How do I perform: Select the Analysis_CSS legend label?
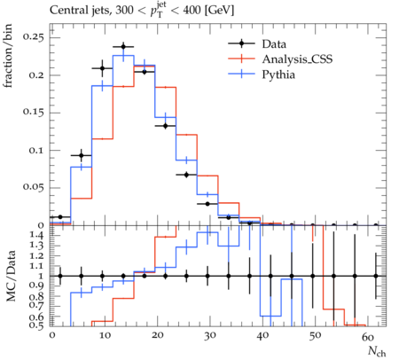(297, 59)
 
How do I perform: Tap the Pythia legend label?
(278, 74)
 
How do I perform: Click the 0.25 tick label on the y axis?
(34, 37)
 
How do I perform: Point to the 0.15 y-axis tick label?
(34, 113)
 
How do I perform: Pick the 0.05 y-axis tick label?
(34, 187)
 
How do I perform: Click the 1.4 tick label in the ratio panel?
(37, 236)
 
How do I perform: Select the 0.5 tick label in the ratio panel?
(37, 325)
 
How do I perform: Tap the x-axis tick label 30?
(209, 336)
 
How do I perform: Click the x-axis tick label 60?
(368, 336)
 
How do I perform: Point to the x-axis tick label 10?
(105, 336)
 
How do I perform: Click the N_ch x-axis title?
(377, 351)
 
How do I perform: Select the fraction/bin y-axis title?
(8, 56)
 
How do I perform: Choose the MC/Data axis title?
(11, 276)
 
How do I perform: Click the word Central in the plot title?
(66, 11)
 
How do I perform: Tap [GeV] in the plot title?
(219, 11)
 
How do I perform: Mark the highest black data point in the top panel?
(123, 47)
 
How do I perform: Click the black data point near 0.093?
(82, 155)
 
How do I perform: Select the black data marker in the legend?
(241, 43)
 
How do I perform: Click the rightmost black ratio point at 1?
(376, 276)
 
